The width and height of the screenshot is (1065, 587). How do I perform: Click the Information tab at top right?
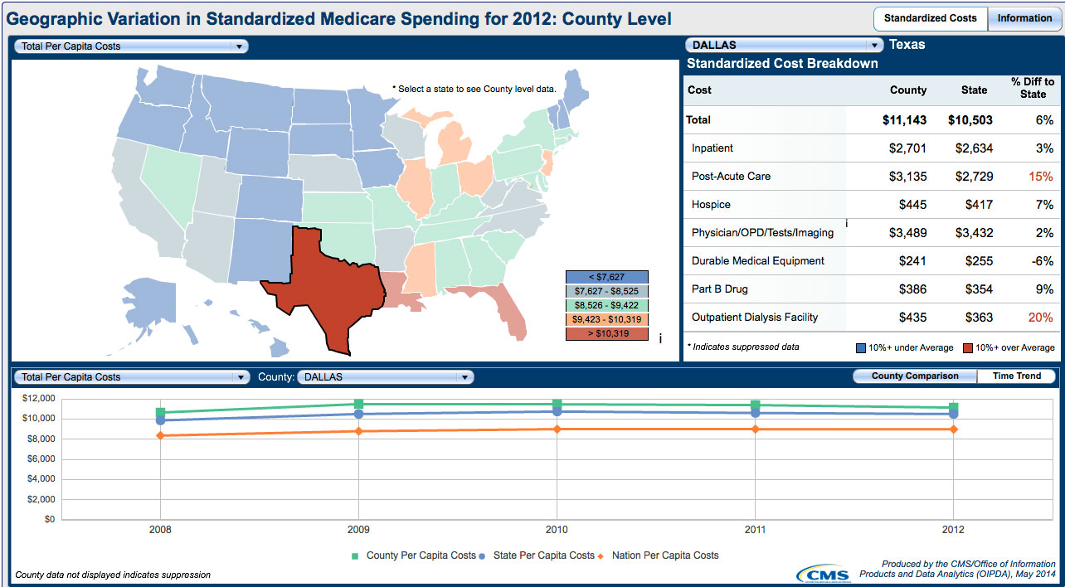[1024, 18]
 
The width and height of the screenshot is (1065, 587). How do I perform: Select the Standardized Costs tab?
[931, 18]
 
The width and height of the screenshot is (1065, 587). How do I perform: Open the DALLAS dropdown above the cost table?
[784, 46]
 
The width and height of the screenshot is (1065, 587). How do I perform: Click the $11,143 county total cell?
[904, 120]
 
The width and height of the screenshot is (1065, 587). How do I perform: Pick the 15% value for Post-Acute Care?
[1041, 177]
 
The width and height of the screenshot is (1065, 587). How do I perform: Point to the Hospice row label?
[711, 205]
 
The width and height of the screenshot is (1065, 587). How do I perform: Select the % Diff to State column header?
[1033, 88]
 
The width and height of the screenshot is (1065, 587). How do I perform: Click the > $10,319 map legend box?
[607, 334]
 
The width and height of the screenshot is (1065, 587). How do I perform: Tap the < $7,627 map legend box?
[607, 277]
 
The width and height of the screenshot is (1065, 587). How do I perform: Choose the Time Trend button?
[1016, 376]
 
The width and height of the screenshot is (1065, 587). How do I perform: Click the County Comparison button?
[915, 376]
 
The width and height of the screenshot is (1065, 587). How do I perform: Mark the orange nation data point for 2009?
[358, 431]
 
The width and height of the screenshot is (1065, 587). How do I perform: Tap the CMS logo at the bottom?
[824, 574]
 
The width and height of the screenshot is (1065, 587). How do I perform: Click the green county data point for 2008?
[160, 412]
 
